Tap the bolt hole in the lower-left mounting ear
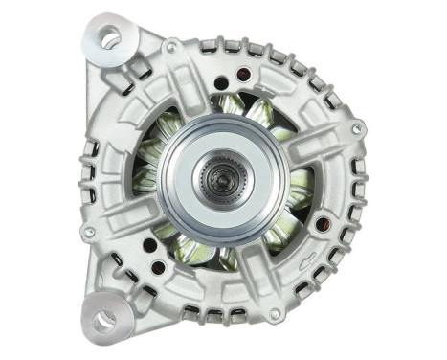click(102, 319)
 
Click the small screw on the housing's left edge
click(88, 232)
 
